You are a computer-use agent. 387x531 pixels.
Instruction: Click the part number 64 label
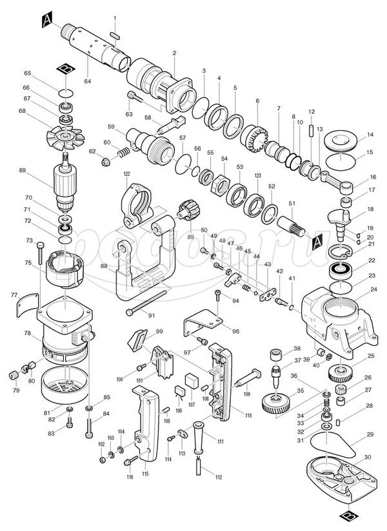click(x=87, y=81)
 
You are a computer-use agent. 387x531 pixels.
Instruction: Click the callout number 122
click(x=127, y=174)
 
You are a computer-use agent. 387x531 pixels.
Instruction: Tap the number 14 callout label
click(x=370, y=135)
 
